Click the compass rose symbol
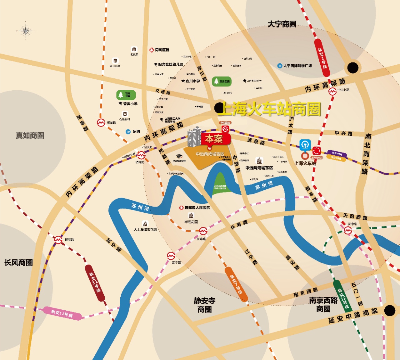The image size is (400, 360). click(26, 31)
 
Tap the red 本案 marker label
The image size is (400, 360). click(214, 138)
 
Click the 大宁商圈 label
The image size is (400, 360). click(282, 24)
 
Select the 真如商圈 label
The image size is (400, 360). click(30, 135)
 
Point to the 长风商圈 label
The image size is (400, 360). click(18, 262)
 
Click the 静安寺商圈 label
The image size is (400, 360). click(205, 305)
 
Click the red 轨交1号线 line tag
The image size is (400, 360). click(322, 58)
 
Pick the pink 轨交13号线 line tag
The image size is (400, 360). click(62, 313)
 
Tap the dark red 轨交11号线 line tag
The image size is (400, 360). click(95, 283)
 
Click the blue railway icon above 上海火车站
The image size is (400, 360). click(305, 144)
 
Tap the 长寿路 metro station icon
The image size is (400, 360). click(203, 231)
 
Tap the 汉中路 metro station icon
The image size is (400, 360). click(348, 230)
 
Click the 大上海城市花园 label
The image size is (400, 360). click(145, 229)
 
